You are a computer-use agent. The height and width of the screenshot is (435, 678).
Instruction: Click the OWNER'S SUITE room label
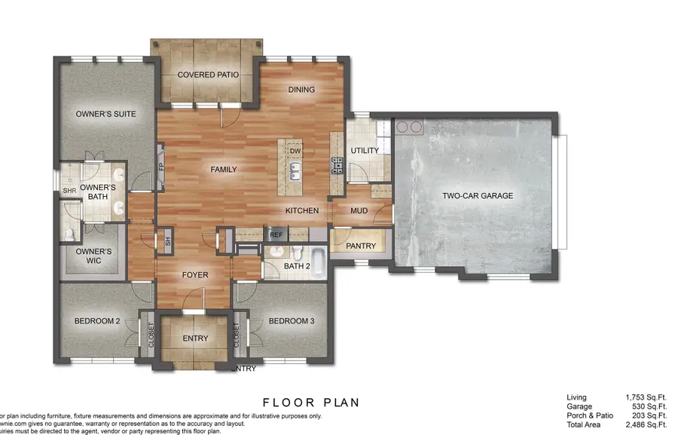[x=105, y=115]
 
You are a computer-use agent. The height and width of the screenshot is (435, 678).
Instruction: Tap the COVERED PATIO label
[x=208, y=75]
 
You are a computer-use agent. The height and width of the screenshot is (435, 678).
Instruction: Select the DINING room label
[x=301, y=90]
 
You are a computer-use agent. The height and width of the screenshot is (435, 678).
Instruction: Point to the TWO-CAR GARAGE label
[x=477, y=196]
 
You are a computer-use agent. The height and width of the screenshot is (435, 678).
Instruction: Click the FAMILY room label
[x=223, y=170]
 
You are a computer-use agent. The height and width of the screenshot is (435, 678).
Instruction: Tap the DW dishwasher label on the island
[x=296, y=151]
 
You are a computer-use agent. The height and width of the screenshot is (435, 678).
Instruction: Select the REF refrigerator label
[x=276, y=235]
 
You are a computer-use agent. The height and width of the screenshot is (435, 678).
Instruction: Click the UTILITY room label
[x=365, y=151]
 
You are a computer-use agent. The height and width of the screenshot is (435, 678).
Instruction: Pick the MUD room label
[x=359, y=211]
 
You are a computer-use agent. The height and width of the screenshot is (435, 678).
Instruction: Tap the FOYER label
[x=195, y=275]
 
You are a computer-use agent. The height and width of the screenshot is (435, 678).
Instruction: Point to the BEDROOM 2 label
[x=97, y=322]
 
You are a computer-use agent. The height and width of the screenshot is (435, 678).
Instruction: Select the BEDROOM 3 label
[x=292, y=322]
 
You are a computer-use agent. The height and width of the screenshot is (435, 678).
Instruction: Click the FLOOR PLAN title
[x=310, y=403]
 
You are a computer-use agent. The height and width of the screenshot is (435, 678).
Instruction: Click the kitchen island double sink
[x=296, y=172]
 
